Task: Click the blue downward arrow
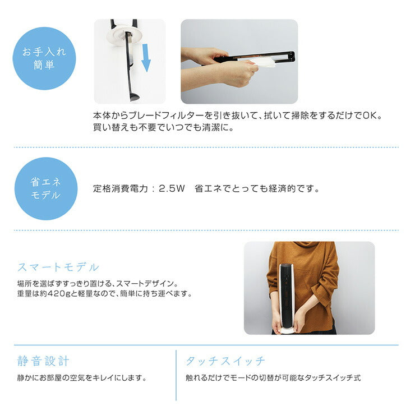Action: click(146, 59)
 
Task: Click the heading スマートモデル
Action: click(58, 266)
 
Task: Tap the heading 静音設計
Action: click(44, 361)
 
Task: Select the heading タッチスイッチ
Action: click(225, 361)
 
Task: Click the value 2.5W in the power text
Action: click(172, 189)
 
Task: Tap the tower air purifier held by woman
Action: click(286, 292)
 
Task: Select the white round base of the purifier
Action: click(287, 331)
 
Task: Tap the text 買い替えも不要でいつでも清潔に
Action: click(163, 127)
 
